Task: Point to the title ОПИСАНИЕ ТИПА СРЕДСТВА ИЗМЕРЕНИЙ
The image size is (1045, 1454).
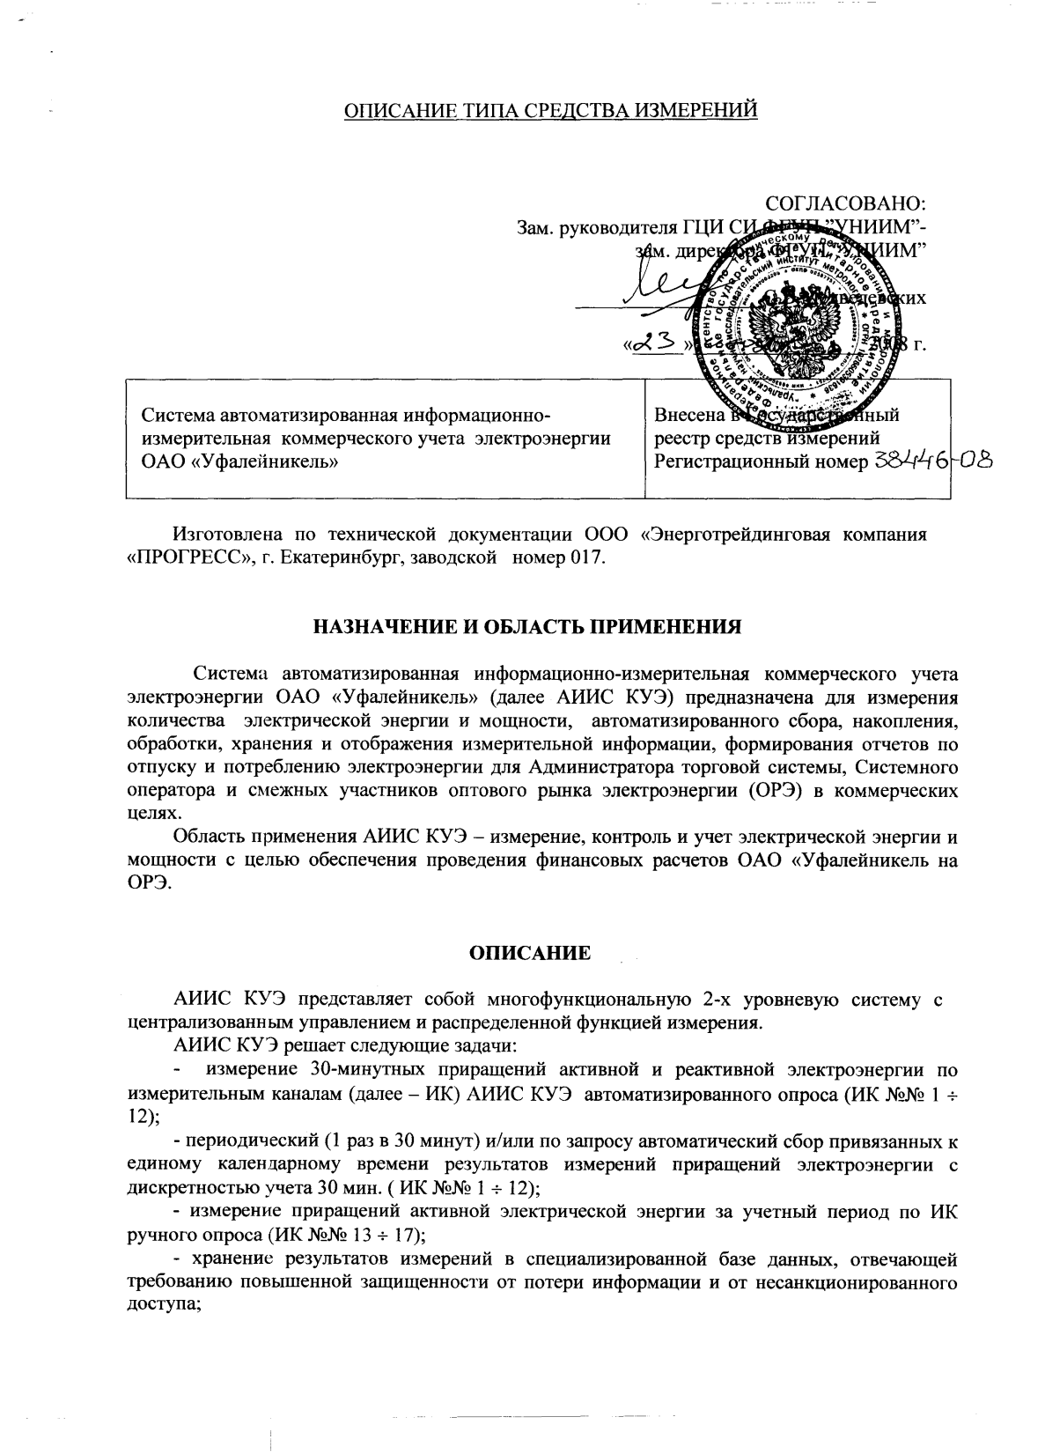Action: [x=549, y=110]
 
